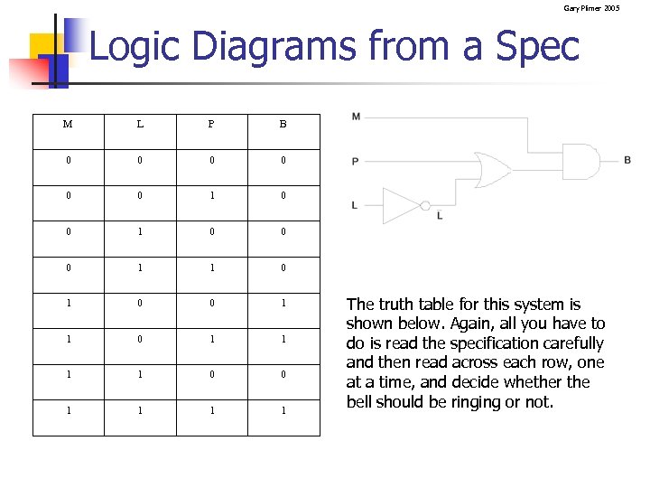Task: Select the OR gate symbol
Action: (493, 169)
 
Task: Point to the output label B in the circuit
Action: (627, 160)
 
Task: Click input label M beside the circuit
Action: (356, 117)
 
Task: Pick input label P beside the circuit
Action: (356, 162)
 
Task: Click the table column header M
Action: (68, 125)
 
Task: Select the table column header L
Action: (139, 125)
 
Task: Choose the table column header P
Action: (211, 125)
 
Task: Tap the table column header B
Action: (283, 125)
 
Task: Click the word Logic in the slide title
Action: (133, 46)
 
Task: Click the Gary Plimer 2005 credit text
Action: (591, 8)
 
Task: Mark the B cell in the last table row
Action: (283, 410)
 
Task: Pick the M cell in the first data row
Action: (68, 161)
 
